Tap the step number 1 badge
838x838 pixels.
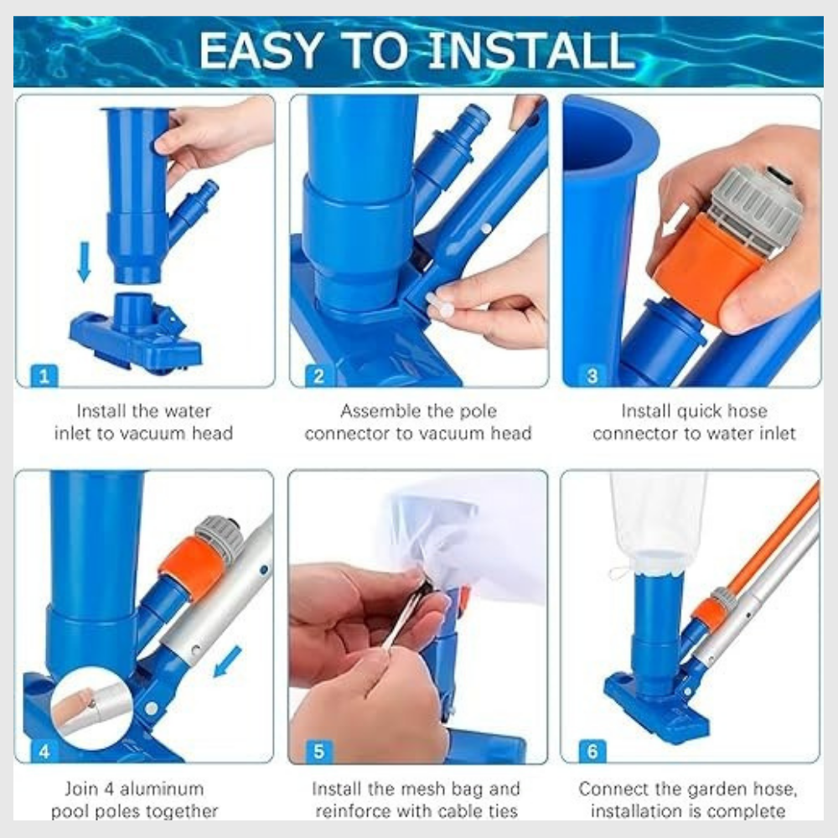coord(44,375)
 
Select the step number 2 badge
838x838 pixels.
coord(318,375)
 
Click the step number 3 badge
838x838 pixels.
coord(592,375)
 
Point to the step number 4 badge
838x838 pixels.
coord(44,751)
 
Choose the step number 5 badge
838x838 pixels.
coord(318,751)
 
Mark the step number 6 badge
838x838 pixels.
coord(592,751)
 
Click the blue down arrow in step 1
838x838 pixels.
coord(84,261)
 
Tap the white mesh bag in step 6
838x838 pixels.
coord(658,520)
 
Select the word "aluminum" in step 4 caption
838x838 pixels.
coord(168,789)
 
